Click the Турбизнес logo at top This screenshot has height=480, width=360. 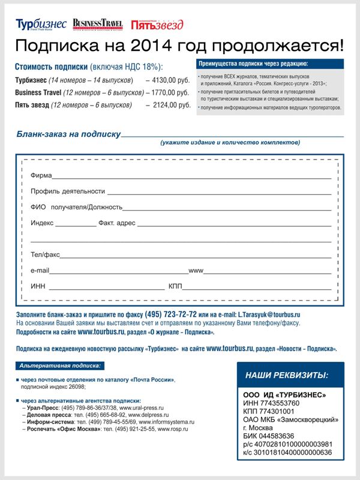(x=41, y=24)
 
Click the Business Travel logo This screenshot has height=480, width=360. (x=98, y=24)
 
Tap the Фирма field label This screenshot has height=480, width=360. (x=41, y=176)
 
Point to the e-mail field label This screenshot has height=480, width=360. (x=40, y=271)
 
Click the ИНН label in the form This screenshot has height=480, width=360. (x=37, y=286)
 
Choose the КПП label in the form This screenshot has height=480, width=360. (x=175, y=286)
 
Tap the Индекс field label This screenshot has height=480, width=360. (x=42, y=223)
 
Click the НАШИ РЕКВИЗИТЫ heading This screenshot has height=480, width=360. (x=287, y=376)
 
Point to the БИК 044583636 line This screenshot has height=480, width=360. (x=268, y=436)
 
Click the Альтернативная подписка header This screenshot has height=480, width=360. (x=59, y=365)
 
